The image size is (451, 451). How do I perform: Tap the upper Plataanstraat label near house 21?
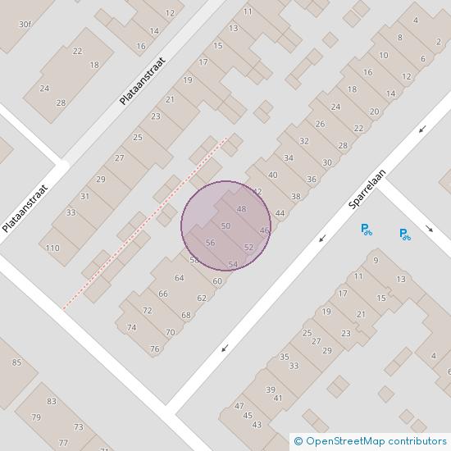(141, 74)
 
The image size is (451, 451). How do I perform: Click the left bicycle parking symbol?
(367, 230)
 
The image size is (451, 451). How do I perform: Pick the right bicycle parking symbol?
(404, 235)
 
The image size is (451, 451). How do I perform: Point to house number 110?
(53, 248)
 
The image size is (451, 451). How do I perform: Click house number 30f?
(25, 24)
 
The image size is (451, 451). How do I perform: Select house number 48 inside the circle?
(241, 209)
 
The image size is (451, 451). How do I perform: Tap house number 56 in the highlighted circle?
(210, 243)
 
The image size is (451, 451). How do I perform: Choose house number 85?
(16, 362)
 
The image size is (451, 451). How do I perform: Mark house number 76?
(154, 349)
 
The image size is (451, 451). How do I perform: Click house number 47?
(239, 406)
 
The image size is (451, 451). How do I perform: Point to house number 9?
(376, 261)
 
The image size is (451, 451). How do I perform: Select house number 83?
(52, 401)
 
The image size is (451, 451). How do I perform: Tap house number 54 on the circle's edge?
(233, 264)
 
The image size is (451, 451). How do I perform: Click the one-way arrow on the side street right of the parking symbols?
(430, 229)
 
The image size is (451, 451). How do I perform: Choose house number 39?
(270, 389)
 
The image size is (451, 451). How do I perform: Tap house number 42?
(257, 191)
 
